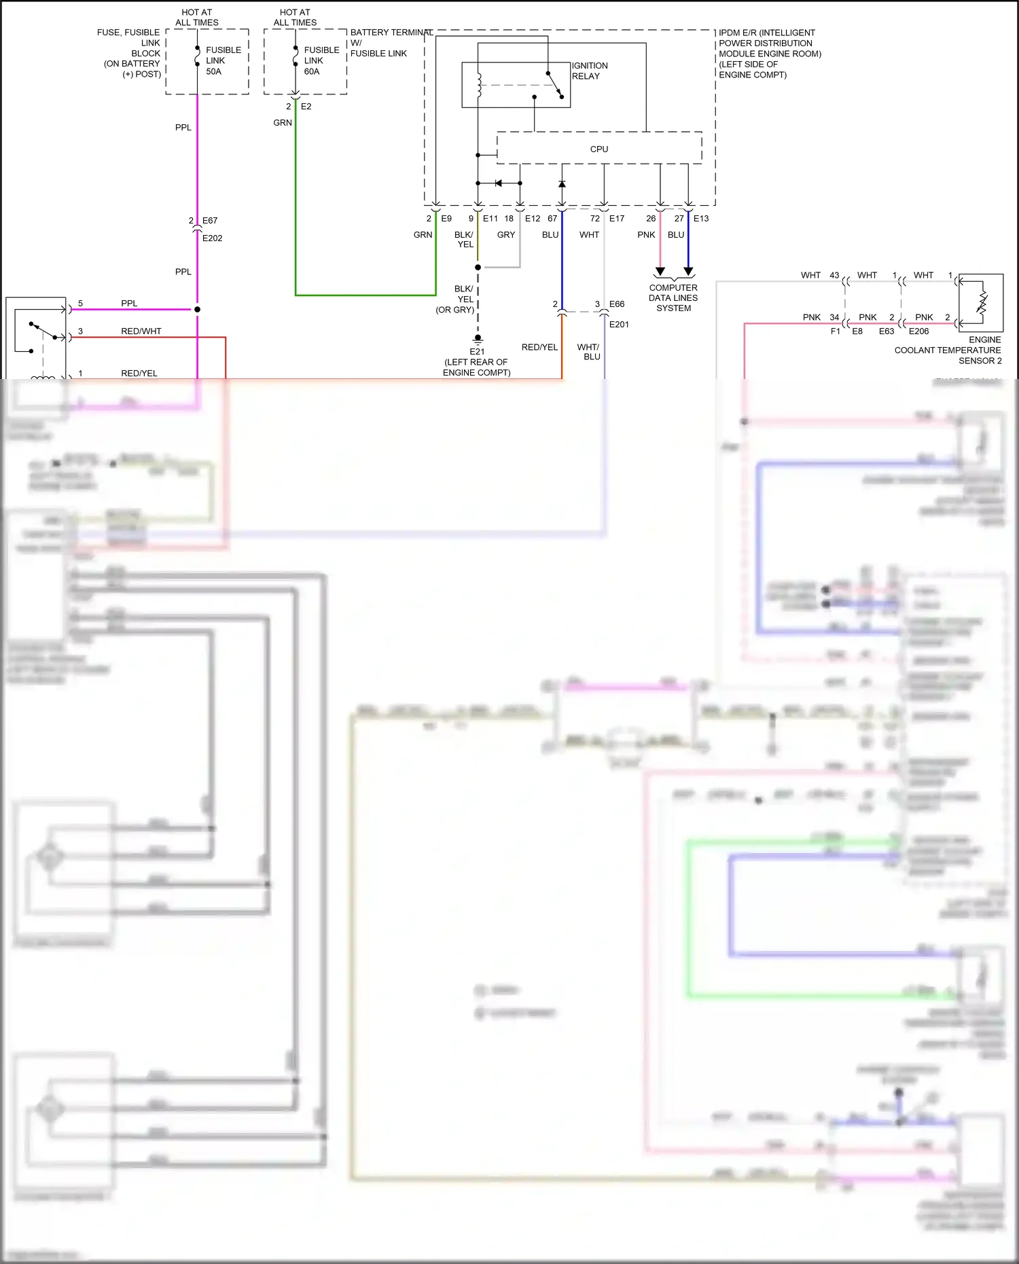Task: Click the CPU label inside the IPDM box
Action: point(598,149)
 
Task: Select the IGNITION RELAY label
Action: point(589,71)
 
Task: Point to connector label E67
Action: point(210,221)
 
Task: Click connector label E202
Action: point(212,238)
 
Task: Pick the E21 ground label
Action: point(477,352)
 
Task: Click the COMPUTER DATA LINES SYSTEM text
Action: point(673,297)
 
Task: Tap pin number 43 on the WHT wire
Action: point(834,276)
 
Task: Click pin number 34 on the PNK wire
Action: point(834,317)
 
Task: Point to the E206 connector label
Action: point(918,331)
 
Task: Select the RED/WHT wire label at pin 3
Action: point(141,331)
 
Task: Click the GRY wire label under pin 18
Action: point(506,235)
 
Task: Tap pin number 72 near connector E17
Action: point(594,219)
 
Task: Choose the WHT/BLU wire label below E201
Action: point(588,352)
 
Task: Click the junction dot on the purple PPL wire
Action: point(197,310)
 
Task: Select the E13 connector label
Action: point(701,219)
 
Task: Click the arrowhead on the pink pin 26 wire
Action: point(660,272)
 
